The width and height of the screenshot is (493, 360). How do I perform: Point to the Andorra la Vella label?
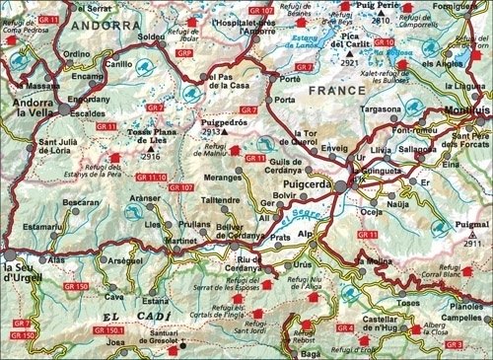click(37, 107)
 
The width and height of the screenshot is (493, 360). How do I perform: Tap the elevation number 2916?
click(150, 156)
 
